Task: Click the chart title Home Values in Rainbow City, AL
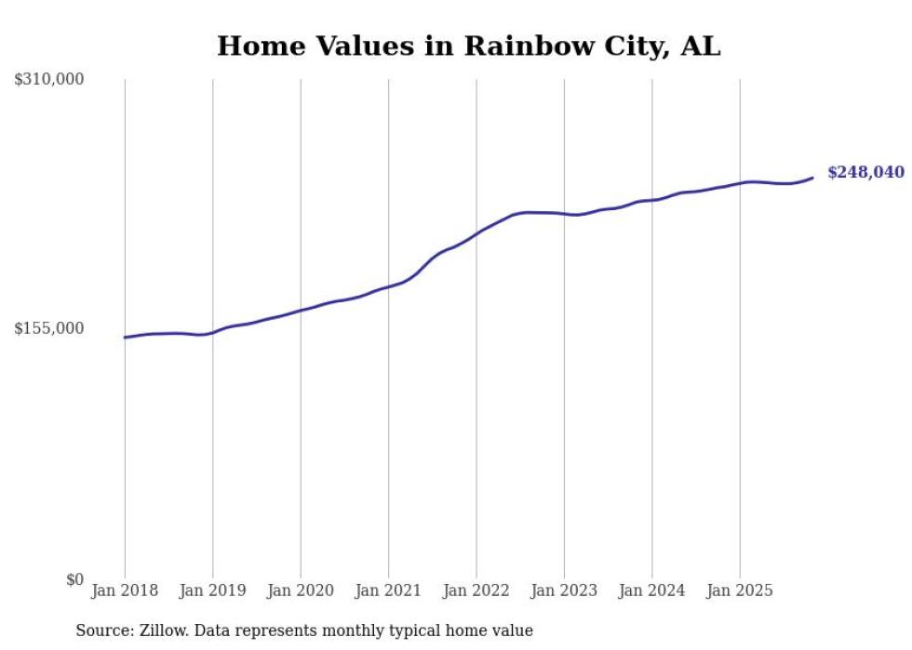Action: point(468,46)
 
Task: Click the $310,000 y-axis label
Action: point(48,80)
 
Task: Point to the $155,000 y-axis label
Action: point(48,328)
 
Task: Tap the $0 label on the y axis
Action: point(74,579)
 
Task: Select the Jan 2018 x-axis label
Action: point(124,590)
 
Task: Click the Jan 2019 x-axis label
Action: point(212,590)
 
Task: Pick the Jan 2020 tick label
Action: point(301,590)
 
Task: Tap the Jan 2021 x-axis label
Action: point(388,590)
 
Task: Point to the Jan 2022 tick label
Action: point(476,590)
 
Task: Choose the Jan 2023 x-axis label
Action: point(564,590)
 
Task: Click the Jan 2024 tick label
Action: point(652,590)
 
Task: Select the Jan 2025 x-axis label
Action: point(740,590)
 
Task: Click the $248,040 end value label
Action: point(865,173)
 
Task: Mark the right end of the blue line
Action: point(812,178)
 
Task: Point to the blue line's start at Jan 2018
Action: point(125,338)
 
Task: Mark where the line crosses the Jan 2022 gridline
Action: point(476,232)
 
